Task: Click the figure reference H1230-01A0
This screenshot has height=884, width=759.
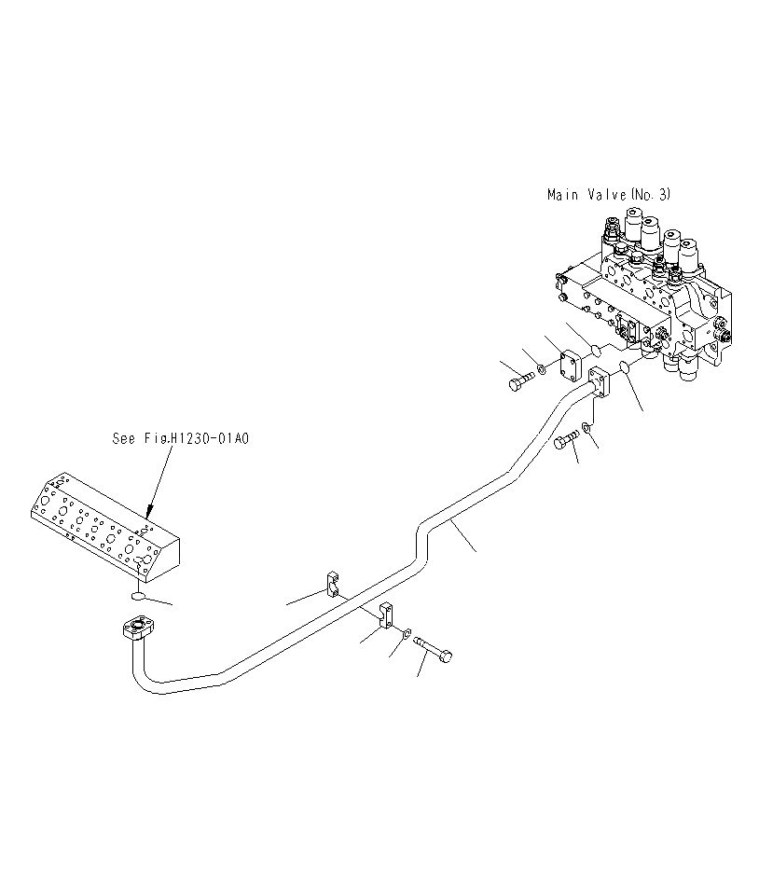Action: pos(207,437)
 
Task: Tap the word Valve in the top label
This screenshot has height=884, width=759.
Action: pos(605,195)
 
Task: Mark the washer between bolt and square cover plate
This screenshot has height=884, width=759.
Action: pos(544,373)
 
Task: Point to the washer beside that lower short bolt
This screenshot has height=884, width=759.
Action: pos(585,429)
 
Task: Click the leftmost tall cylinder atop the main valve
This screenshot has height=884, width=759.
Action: pos(634,227)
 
